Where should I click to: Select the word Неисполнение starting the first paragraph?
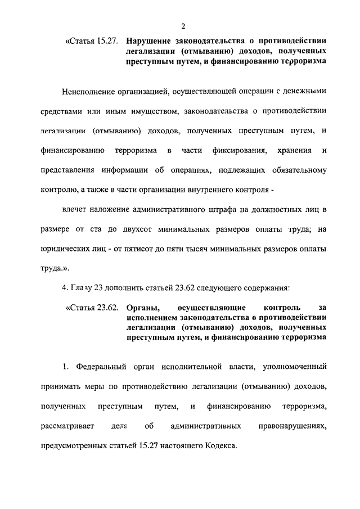click(89, 91)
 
